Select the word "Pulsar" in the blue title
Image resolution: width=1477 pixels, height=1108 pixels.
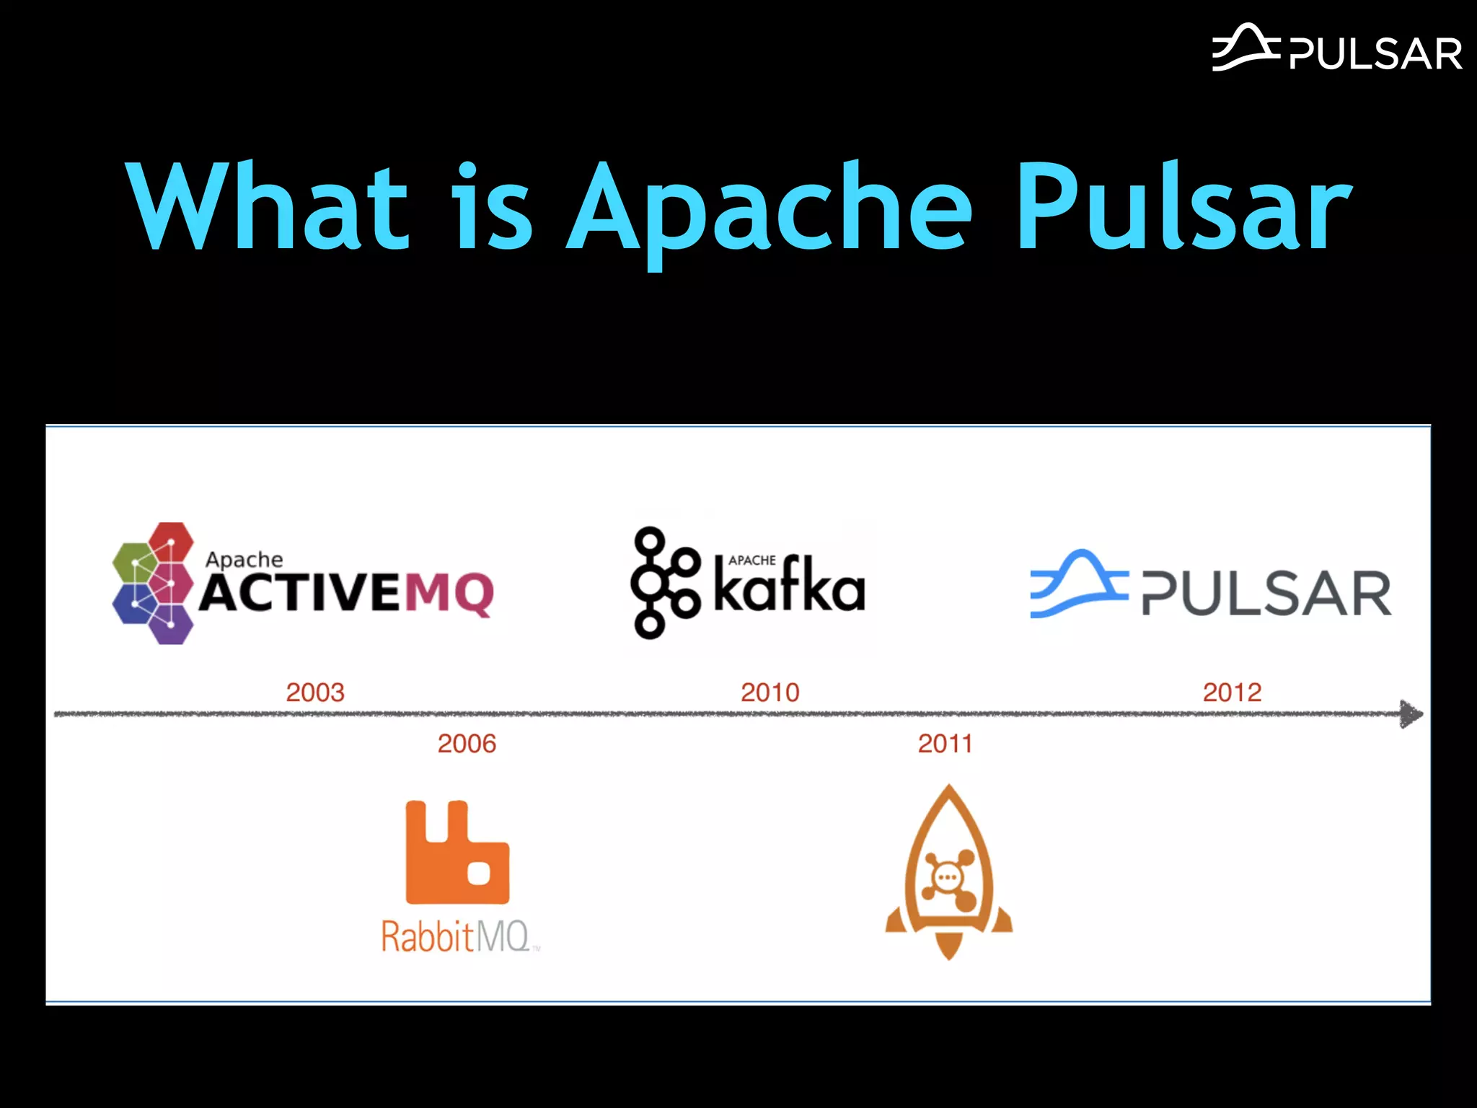(1183, 207)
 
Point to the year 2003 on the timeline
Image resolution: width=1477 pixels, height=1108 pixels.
(315, 692)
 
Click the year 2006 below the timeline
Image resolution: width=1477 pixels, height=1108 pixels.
(467, 744)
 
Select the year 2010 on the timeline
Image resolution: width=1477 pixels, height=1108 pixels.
(770, 692)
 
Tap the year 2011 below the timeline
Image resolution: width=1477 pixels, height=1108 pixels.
(945, 744)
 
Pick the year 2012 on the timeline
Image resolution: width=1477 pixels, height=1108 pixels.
(1232, 692)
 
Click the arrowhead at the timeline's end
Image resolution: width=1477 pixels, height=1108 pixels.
(1410, 714)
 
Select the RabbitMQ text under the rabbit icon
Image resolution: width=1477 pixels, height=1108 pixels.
(456, 936)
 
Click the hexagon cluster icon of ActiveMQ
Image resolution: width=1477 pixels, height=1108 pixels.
(154, 583)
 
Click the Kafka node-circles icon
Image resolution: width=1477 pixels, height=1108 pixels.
(663, 583)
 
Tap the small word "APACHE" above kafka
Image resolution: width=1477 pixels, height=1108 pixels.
(751, 560)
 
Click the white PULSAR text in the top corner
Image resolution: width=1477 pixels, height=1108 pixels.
(1375, 54)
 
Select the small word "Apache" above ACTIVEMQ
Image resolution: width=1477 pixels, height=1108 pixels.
(244, 560)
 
